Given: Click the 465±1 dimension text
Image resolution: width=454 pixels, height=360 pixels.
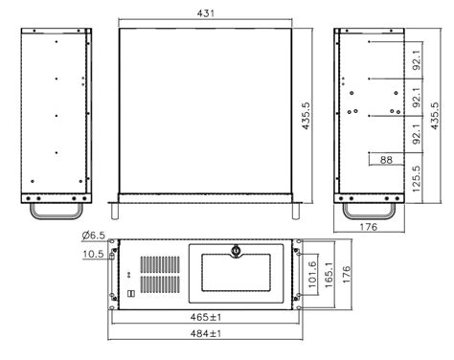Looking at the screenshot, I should (206, 315).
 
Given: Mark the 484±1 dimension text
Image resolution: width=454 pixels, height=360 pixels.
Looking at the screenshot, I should (206, 333).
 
